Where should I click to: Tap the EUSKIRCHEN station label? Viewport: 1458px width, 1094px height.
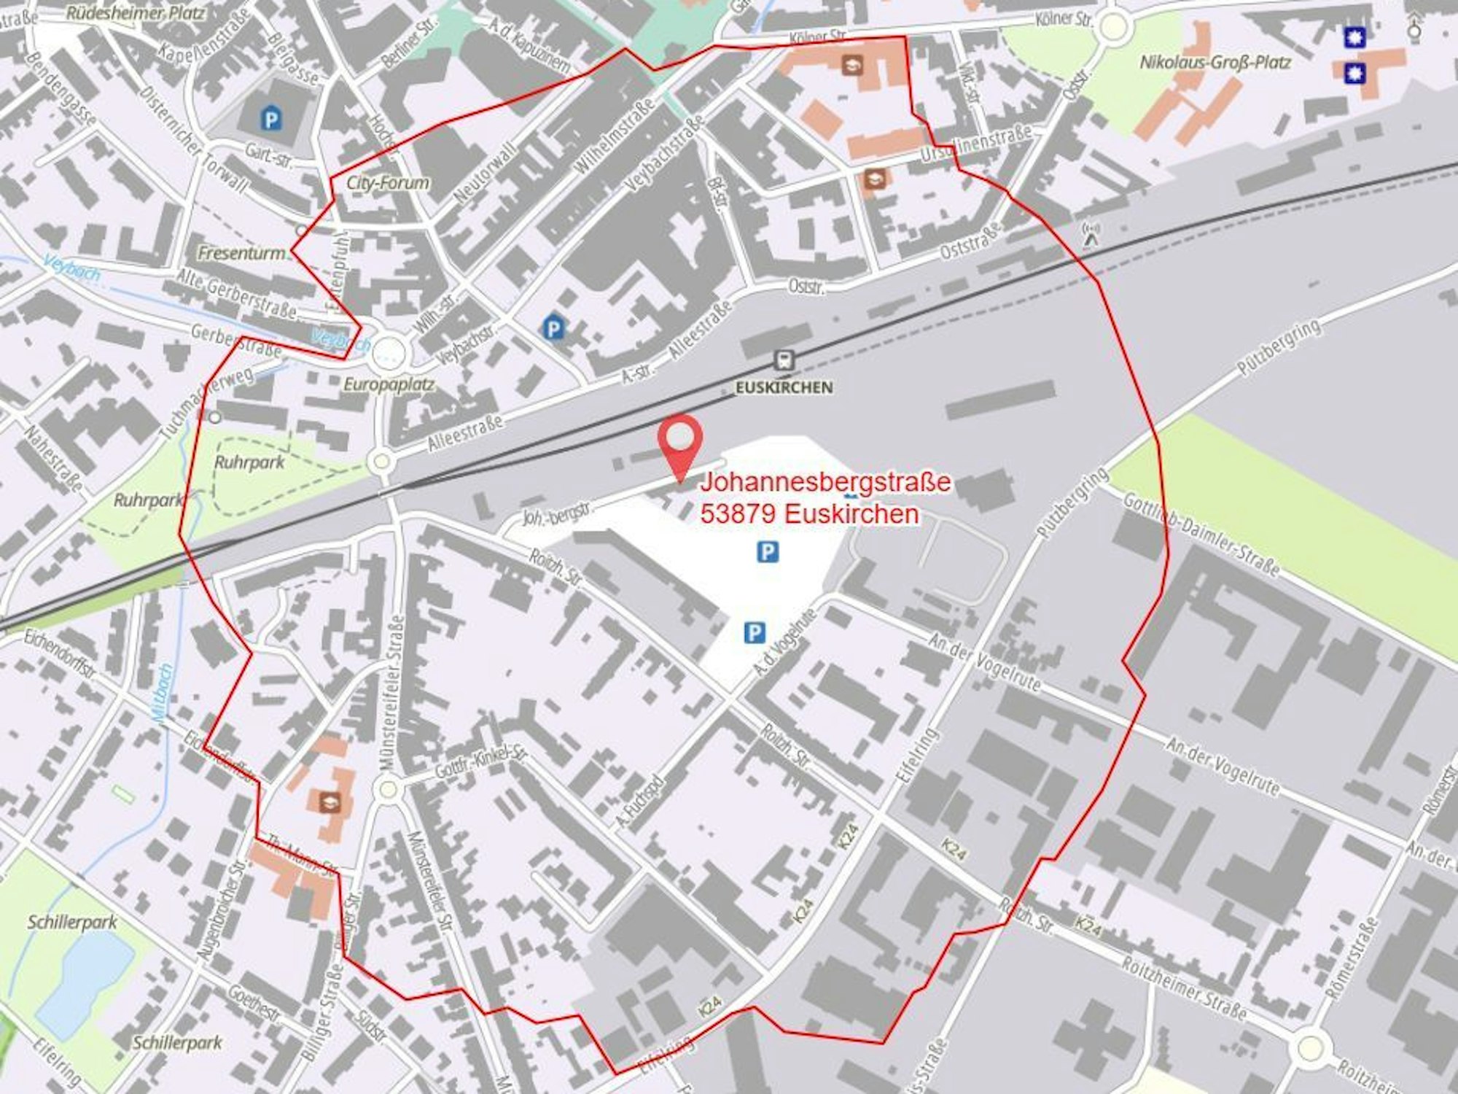(x=784, y=388)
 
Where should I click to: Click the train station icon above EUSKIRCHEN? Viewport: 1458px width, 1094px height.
(x=784, y=360)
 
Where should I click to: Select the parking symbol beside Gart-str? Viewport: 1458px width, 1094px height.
(x=271, y=119)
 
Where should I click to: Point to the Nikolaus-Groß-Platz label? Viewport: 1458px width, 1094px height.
(x=1215, y=63)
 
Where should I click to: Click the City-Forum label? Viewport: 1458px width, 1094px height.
(x=387, y=182)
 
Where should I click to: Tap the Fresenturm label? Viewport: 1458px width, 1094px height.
(x=242, y=253)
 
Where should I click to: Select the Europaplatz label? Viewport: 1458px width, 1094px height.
(x=389, y=384)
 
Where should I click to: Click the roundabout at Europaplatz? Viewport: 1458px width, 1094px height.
(x=388, y=354)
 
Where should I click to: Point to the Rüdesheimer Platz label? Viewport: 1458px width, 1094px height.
(x=136, y=13)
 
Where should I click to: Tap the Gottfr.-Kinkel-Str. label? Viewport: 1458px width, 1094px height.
(x=480, y=762)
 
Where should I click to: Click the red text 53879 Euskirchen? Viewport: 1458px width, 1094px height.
(x=809, y=514)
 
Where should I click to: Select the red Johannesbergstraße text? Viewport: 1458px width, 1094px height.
(x=825, y=482)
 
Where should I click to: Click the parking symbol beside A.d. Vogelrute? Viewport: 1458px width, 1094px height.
(x=754, y=632)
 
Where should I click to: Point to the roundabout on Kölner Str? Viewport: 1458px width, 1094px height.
(x=1113, y=27)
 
